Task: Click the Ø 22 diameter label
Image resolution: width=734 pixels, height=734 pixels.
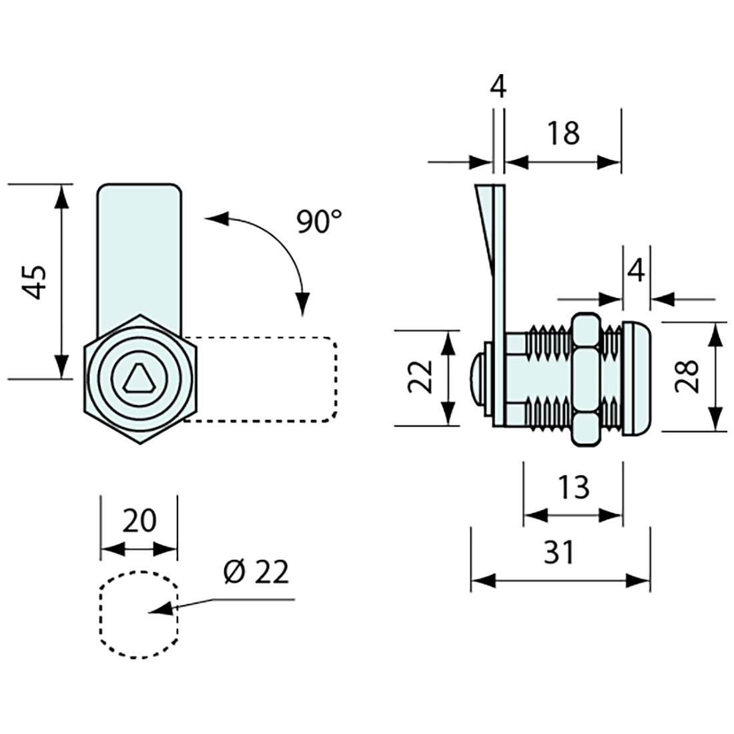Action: click(257, 573)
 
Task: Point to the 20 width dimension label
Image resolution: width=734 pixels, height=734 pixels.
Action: click(139, 518)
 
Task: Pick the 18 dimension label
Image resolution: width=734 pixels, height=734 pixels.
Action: click(564, 133)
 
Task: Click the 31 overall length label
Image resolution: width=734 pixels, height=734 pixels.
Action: click(559, 552)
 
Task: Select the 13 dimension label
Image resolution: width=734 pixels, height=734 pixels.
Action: click(573, 487)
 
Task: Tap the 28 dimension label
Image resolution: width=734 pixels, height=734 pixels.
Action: click(687, 376)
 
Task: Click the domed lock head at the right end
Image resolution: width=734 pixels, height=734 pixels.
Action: click(637, 378)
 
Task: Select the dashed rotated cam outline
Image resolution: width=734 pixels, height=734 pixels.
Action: click(267, 379)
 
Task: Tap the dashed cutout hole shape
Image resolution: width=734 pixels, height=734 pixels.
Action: click(139, 615)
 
